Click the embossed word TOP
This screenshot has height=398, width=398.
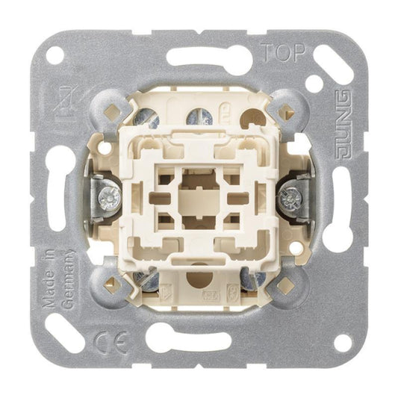tap(282, 53)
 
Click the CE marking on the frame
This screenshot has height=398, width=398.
tap(111, 343)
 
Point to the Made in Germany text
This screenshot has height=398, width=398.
tap(58, 279)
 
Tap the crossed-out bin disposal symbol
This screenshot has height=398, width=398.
tap(63, 102)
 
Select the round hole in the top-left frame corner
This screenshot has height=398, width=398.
tap(55, 55)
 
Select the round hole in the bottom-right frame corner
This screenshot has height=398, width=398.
tap(343, 343)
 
